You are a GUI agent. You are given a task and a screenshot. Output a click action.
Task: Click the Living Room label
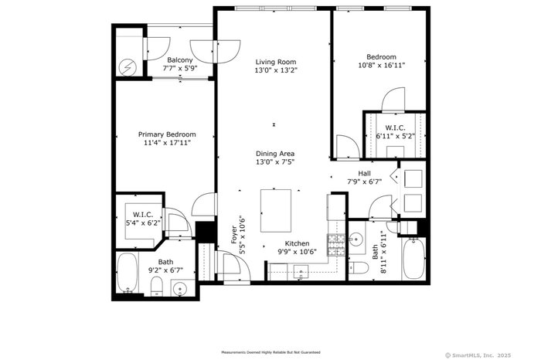276,62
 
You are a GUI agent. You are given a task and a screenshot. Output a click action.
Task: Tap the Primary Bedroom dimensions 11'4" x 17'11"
167,143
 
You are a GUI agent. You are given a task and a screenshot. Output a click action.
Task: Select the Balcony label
180,60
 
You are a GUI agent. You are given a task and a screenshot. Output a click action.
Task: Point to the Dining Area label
275,154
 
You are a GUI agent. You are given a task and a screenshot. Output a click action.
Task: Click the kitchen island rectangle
276,211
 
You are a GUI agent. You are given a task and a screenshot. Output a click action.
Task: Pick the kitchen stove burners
335,245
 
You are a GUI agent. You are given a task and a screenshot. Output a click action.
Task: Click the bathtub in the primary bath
127,273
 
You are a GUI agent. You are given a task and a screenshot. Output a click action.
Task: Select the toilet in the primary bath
157,286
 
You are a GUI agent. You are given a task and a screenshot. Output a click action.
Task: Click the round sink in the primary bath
179,289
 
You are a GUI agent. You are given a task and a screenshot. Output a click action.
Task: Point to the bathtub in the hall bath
413,259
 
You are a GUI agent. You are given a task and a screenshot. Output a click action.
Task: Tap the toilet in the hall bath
359,267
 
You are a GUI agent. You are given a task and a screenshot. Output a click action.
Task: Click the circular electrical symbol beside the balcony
128,67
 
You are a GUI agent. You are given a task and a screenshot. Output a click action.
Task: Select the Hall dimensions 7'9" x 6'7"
364,182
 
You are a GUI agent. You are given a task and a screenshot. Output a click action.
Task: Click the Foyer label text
234,235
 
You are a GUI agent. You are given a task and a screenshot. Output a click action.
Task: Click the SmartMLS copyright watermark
478,355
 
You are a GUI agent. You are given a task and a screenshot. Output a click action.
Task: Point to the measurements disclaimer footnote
270,352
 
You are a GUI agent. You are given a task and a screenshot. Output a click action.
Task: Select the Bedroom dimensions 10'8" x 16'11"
381,65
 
